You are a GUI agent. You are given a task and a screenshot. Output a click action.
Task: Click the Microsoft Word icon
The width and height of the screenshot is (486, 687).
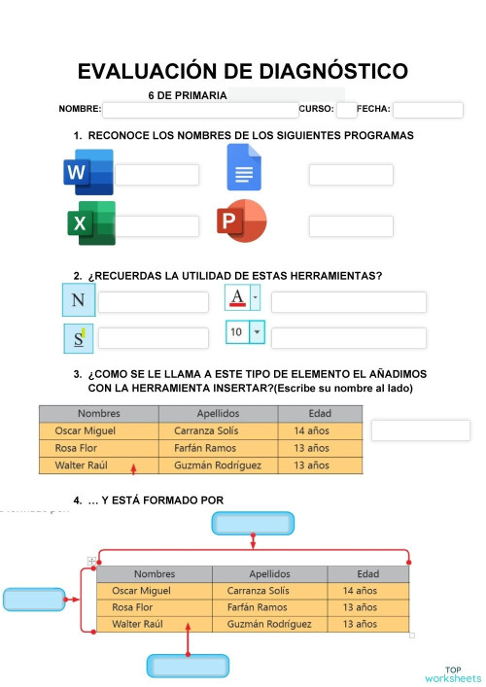pos(87,172)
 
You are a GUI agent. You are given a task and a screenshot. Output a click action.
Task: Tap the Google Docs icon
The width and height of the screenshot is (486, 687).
pos(243,167)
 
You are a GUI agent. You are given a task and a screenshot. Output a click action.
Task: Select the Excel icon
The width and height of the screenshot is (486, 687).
pos(90,223)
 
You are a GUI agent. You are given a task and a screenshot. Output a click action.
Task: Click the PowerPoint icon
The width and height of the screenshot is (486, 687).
pos(241,222)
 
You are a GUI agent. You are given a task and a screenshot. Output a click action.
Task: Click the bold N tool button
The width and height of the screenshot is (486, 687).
pos(79,300)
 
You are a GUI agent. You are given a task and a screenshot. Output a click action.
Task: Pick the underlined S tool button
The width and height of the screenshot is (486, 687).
pos(79,338)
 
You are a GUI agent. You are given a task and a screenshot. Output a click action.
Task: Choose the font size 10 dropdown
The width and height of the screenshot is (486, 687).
pos(245,332)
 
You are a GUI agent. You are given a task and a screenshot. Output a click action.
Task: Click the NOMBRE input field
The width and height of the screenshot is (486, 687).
pos(199,110)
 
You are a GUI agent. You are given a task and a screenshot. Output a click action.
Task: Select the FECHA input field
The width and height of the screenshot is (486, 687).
pos(428,110)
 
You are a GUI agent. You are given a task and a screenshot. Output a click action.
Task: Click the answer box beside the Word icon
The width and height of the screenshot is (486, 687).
pos(156,175)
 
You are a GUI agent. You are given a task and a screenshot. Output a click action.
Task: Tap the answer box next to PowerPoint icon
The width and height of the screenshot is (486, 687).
pos(351,225)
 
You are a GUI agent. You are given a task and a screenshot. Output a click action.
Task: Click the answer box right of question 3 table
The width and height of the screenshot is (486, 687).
pos(420,430)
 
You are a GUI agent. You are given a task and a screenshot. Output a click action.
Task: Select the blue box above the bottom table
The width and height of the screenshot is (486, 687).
pos(253,524)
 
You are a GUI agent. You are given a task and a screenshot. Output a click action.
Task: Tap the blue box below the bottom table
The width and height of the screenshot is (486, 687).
pos(189,666)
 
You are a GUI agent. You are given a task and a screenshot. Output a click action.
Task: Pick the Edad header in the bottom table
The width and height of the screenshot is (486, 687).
pos(367,574)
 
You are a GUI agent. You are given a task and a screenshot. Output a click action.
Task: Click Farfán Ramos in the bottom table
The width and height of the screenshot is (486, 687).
pos(257,607)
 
